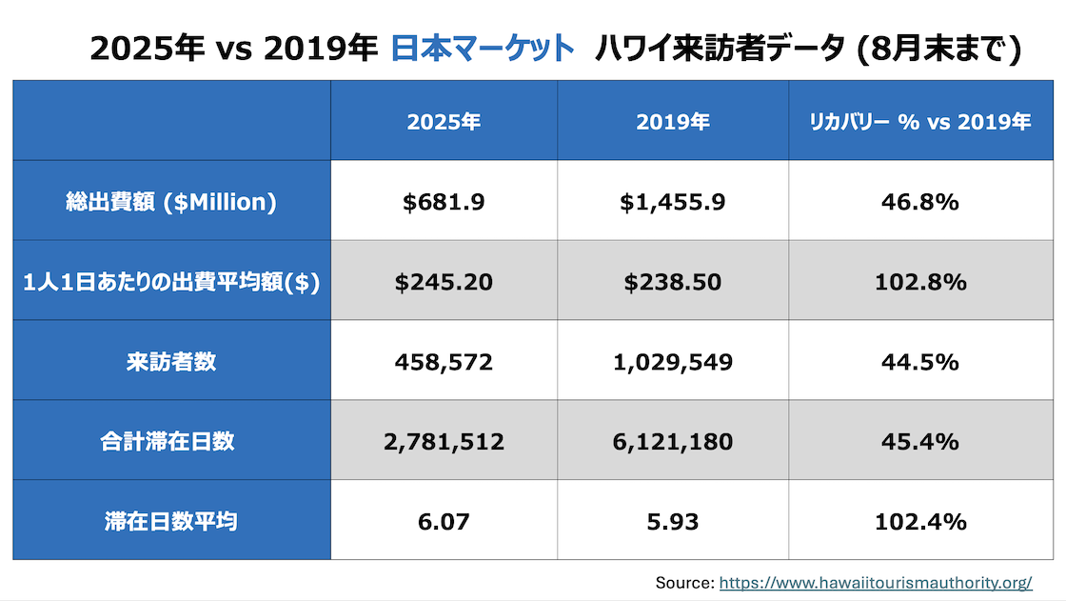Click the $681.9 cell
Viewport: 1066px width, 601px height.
[x=444, y=202]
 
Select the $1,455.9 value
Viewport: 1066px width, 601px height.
[x=673, y=202]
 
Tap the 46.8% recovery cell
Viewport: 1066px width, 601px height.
[x=920, y=202]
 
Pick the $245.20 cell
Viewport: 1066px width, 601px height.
[x=444, y=282]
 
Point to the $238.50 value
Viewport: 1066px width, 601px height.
[x=673, y=282]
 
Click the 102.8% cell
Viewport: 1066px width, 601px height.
[x=920, y=282]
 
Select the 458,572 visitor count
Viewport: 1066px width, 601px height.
[x=444, y=362]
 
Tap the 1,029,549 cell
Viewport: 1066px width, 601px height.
[x=673, y=362]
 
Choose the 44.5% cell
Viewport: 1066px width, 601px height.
[x=920, y=362]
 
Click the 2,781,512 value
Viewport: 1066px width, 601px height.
[x=444, y=442]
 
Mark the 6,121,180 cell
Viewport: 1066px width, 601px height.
[x=673, y=442]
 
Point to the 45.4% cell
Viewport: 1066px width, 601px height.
[x=920, y=442]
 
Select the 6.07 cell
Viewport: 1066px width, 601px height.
[x=444, y=522]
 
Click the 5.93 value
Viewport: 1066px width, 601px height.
[x=673, y=522]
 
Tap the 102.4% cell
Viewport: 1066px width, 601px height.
[x=920, y=522]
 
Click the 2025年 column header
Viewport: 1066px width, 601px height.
[x=444, y=122]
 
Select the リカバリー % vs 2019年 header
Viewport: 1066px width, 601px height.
[x=920, y=122]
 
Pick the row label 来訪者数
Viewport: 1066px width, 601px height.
[x=171, y=362]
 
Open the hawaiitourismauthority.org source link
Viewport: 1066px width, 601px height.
[x=876, y=582]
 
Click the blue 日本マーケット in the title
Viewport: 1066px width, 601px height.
[x=484, y=48]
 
